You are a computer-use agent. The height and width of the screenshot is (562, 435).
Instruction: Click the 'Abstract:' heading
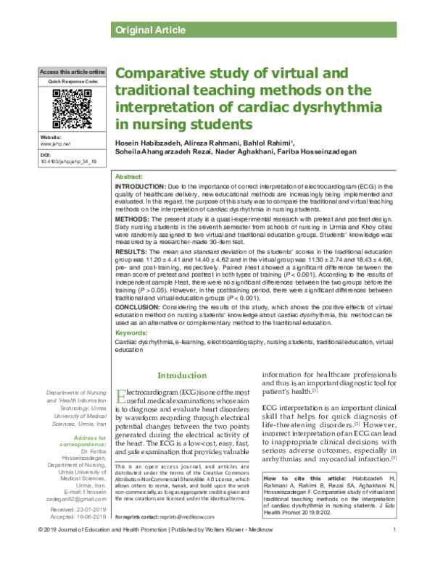[130, 177]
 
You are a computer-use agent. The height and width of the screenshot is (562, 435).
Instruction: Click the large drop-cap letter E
[122, 395]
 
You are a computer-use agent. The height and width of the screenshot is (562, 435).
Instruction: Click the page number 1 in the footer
[392, 553]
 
